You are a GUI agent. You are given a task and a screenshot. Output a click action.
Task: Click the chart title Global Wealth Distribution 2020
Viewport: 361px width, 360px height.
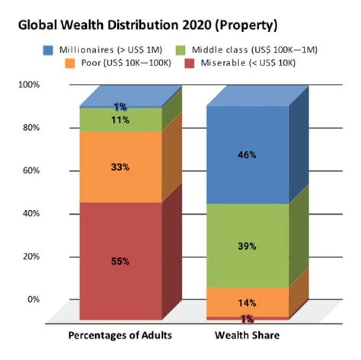(148, 25)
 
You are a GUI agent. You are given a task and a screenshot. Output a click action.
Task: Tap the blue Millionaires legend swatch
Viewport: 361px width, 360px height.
(48, 51)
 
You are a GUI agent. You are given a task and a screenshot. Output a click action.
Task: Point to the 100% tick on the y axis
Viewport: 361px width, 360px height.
(29, 84)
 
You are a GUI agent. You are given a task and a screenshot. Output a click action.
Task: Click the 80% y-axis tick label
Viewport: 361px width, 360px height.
(31, 127)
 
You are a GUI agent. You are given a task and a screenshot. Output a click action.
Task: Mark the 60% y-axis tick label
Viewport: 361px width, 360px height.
(31, 170)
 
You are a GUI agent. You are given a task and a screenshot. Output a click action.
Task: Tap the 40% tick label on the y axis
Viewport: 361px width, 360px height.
(31, 214)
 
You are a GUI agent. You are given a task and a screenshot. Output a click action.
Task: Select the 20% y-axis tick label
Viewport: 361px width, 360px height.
(31, 257)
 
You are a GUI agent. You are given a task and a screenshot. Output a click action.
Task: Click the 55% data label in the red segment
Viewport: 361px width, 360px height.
(120, 261)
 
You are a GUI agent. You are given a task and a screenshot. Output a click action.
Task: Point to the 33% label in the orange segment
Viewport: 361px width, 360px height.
(120, 167)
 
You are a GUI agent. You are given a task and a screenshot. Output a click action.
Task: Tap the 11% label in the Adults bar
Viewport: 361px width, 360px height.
(120, 120)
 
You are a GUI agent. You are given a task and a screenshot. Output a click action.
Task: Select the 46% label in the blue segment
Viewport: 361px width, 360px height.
(247, 155)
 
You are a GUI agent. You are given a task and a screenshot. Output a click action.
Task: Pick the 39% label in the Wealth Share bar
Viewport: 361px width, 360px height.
(247, 246)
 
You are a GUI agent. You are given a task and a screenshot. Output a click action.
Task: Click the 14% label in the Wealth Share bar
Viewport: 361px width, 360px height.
(247, 303)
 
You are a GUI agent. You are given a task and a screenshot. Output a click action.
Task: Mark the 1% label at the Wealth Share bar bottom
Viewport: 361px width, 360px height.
(247, 319)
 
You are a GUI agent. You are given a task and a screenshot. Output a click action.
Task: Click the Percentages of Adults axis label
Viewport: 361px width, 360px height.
(120, 335)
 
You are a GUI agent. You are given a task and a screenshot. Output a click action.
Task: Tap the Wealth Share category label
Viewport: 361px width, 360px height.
(247, 335)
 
